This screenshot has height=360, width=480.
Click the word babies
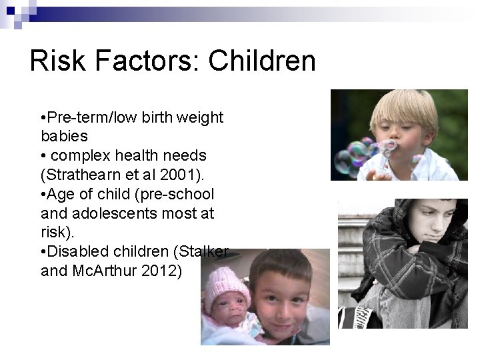point(64,136)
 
